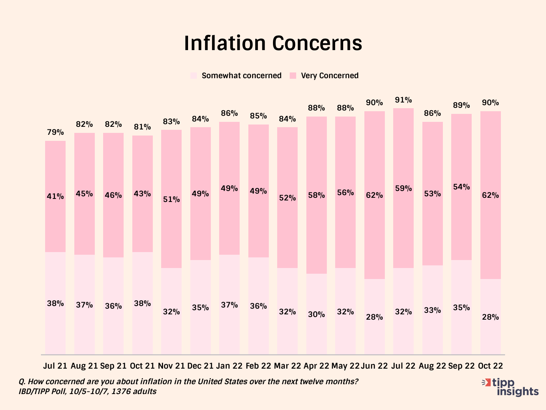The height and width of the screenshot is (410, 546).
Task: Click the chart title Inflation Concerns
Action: tap(273, 43)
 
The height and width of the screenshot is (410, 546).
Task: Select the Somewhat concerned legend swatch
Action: tap(194, 76)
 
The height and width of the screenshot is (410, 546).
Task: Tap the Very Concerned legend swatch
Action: tap(293, 76)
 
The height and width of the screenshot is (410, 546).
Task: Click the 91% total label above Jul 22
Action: tap(403, 100)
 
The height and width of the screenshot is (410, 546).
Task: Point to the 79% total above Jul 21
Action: tap(55, 132)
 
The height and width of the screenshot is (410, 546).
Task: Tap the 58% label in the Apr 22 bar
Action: tap(317, 196)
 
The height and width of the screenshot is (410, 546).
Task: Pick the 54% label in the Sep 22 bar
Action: tap(461, 187)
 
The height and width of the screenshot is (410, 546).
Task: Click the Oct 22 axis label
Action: tap(490, 366)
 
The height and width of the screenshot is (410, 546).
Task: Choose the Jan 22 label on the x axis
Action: tap(229, 366)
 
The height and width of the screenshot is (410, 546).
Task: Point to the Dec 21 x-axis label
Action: tap(200, 366)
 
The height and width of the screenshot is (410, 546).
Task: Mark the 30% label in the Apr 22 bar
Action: tap(317, 315)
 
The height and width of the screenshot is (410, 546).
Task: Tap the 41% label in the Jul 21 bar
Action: tap(55, 197)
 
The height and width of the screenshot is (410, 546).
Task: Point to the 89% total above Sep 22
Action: tap(461, 106)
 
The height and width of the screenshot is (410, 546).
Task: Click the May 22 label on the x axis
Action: tap(345, 366)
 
